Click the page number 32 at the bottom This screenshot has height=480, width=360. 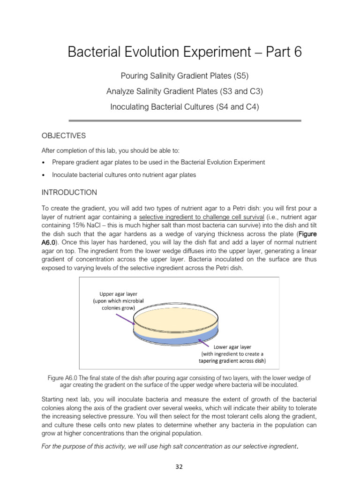(180, 466)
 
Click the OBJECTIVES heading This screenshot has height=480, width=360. (64, 136)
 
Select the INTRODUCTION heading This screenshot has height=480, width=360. (69, 193)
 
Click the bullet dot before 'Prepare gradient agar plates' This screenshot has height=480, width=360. (43, 163)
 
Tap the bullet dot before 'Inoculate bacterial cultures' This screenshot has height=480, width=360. (43, 175)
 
